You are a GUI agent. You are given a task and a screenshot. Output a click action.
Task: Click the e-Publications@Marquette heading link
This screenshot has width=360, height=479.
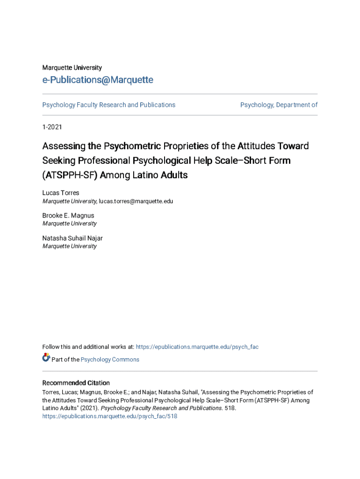coord(98,80)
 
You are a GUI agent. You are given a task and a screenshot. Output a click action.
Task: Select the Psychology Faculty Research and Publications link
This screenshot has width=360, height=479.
coord(109,105)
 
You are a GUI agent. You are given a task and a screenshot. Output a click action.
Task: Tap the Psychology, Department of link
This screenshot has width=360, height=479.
coord(279,105)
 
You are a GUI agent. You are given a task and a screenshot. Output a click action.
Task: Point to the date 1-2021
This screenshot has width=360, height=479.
coord(52,127)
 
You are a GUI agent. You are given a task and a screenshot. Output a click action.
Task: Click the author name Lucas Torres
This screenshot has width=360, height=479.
coord(61,193)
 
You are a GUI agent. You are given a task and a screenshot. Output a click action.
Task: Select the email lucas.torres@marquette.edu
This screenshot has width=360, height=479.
coord(136,201)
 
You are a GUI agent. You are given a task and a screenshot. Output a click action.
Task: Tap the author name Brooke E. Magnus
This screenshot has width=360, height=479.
coord(68,216)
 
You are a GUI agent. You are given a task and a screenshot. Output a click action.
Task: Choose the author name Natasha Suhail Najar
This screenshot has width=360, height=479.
coord(72,238)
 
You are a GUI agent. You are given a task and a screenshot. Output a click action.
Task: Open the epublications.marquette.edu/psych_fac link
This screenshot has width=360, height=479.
coord(197,347)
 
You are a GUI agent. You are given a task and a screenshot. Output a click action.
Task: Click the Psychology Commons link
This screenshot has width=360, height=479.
coord(110,360)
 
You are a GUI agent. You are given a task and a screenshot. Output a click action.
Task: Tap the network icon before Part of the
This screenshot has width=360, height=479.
coord(46,358)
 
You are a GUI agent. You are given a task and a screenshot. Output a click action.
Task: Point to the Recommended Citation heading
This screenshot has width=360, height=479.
coord(76,383)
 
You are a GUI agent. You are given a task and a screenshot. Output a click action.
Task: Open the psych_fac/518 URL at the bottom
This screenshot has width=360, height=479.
coord(110,416)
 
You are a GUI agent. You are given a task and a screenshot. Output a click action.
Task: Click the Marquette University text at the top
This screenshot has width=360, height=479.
coord(72,68)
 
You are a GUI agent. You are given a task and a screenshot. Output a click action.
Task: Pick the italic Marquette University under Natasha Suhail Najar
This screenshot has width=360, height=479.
coord(70,246)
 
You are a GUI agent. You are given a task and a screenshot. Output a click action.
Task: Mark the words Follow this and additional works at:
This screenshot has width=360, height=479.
coord(88,347)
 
